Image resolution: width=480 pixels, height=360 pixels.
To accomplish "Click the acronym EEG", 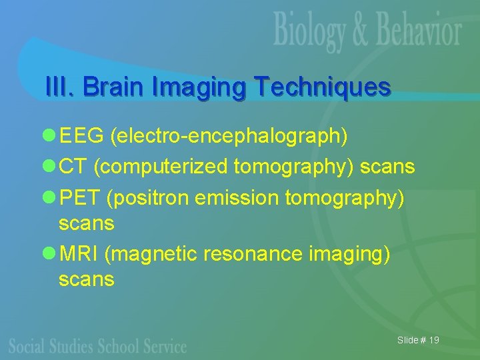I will (x=82, y=137).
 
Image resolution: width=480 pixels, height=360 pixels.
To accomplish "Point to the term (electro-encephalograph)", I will (x=229, y=137).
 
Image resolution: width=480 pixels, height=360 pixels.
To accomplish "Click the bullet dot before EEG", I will (x=48, y=137).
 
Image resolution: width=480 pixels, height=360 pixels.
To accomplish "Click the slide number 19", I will (x=434, y=341).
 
